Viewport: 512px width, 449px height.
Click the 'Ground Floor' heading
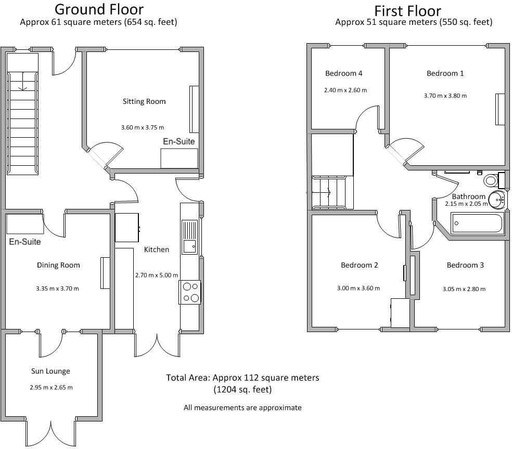click(99, 9)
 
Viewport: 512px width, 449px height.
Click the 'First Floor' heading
click(407, 10)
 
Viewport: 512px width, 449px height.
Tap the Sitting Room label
click(144, 101)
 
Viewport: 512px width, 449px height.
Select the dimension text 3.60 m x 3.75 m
click(142, 127)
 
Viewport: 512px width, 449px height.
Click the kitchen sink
click(189, 236)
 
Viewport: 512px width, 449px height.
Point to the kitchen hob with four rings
click(190, 292)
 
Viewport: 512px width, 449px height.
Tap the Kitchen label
click(157, 249)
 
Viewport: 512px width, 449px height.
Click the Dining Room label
click(58, 265)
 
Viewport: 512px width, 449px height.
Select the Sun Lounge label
click(50, 371)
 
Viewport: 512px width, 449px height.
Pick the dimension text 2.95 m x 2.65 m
click(51, 387)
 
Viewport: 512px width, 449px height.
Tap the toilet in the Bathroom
click(490, 180)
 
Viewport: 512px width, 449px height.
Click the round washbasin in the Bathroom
click(496, 198)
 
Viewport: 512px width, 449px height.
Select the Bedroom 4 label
click(343, 73)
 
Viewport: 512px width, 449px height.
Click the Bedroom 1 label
click(445, 73)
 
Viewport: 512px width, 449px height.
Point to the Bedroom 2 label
click(359, 265)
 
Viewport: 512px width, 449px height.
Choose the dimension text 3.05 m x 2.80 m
click(464, 289)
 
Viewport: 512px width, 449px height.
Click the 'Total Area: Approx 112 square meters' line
click(242, 378)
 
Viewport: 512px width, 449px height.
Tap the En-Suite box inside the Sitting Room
click(179, 158)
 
